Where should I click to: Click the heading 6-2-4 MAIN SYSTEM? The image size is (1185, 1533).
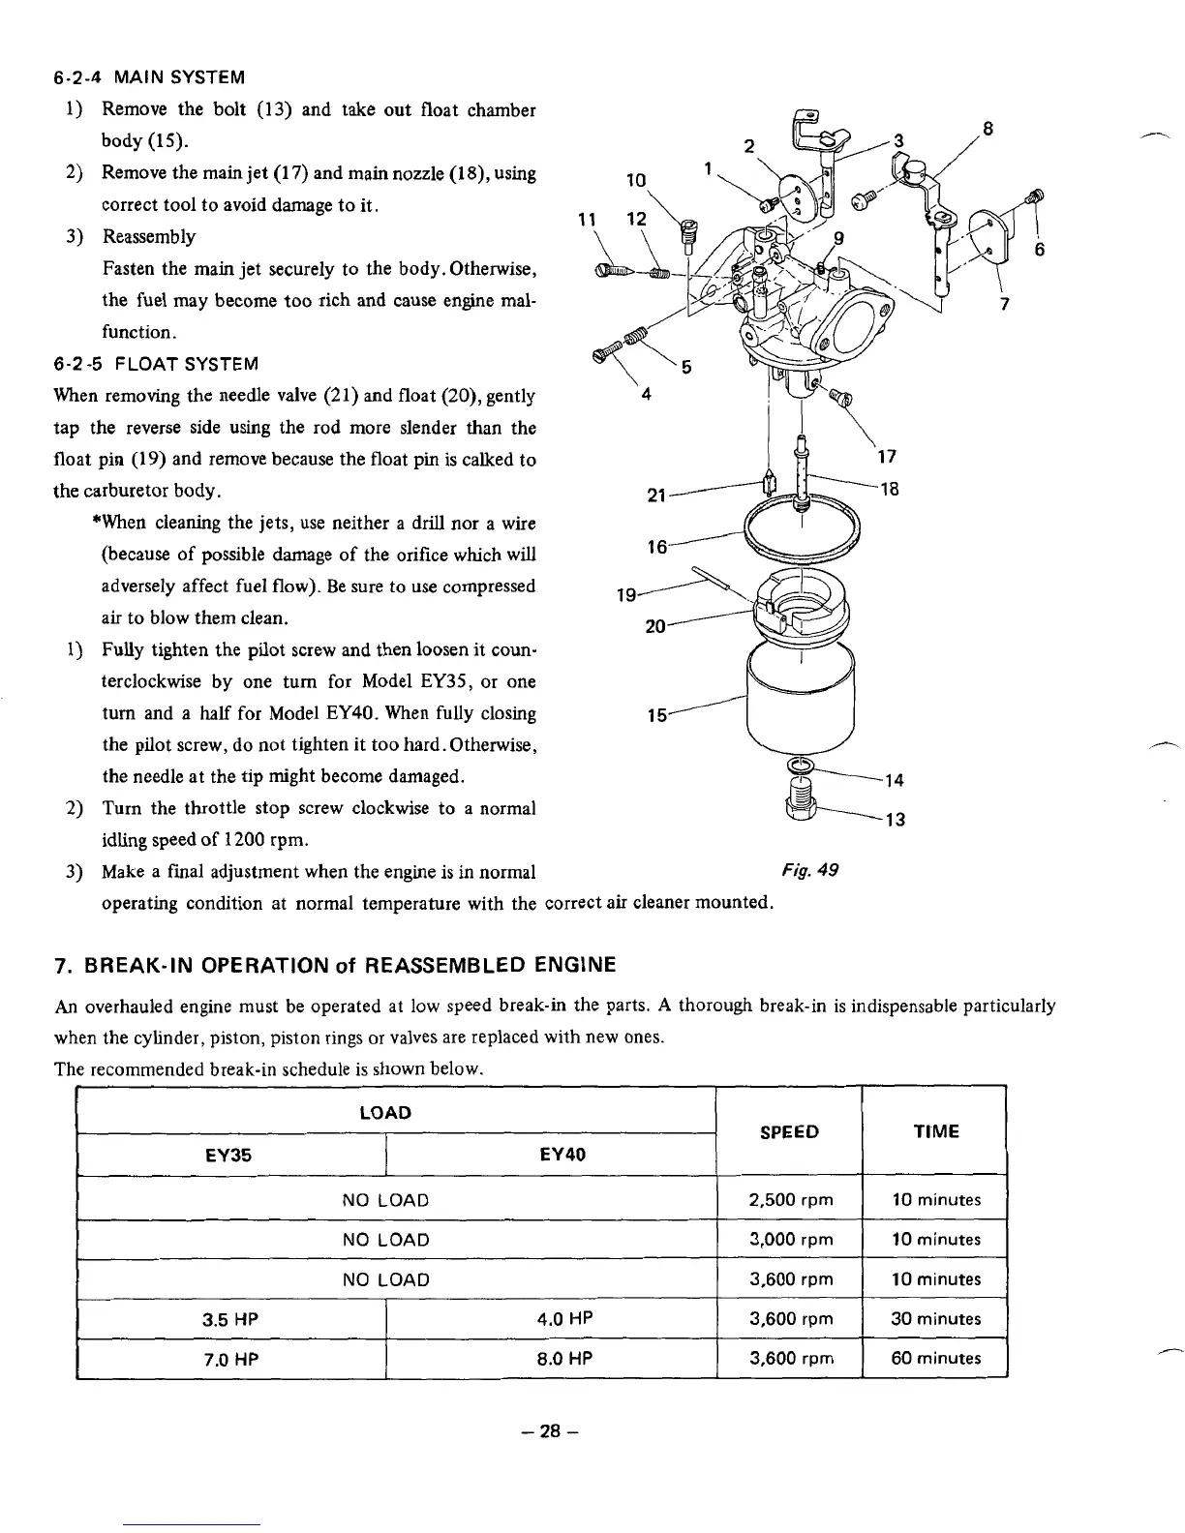click(x=148, y=76)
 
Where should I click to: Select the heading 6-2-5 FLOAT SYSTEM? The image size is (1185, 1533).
click(x=156, y=364)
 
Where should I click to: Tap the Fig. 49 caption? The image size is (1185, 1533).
click(x=808, y=869)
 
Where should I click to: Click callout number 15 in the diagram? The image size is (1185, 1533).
click(x=657, y=716)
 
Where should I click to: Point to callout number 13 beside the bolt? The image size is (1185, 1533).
click(x=896, y=820)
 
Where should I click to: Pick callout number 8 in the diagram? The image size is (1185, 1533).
click(x=987, y=129)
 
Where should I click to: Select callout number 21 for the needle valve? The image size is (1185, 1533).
click(x=655, y=496)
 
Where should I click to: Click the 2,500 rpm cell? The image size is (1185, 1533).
click(x=790, y=1200)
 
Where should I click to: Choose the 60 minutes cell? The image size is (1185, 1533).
click(x=935, y=1358)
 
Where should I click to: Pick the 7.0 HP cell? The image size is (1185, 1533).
click(x=230, y=1359)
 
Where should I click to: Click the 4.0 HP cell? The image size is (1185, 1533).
click(x=564, y=1318)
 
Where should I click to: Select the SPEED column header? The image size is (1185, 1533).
click(x=789, y=1131)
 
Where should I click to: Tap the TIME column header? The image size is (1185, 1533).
click(x=935, y=1131)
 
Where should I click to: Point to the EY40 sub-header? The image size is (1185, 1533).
click(x=562, y=1155)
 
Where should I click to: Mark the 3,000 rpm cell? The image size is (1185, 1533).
click(x=790, y=1240)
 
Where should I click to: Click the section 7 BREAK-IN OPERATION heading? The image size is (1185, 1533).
click(x=335, y=965)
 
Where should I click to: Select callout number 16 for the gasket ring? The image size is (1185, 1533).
click(x=656, y=547)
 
